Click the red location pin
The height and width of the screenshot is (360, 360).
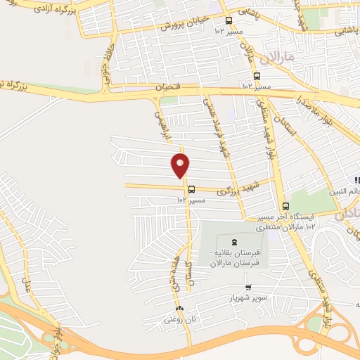[181, 166]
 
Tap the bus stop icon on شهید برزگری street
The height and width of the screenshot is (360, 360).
[191, 188]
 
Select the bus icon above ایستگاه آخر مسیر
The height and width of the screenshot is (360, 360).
[285, 207]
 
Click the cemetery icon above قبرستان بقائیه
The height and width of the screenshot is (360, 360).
[234, 240]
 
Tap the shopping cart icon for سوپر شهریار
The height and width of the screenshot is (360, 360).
[248, 287]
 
